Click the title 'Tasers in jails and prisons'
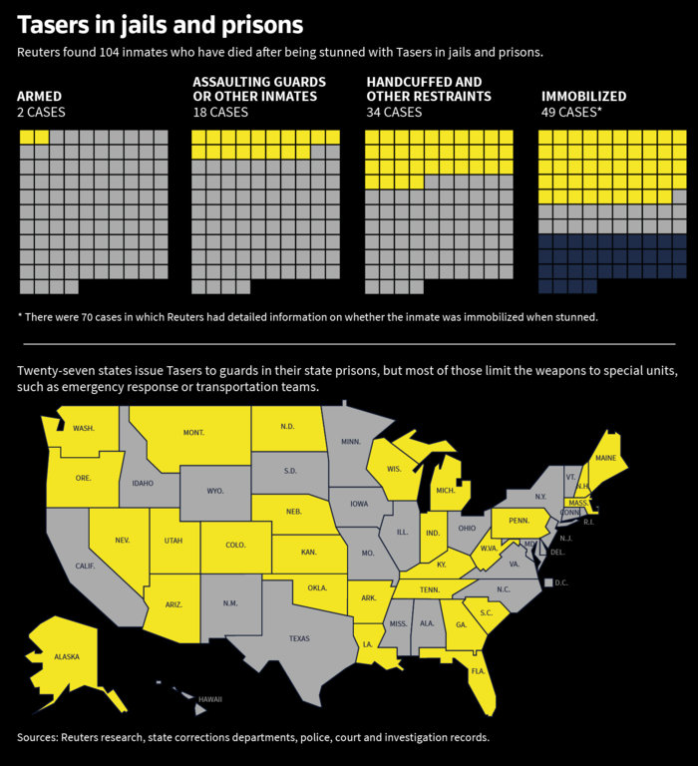(161, 25)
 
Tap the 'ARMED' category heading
(40, 96)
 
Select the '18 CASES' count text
(220, 113)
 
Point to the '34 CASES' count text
(394, 113)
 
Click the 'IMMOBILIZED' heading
(583, 96)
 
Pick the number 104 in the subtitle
(109, 52)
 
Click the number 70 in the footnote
(87, 317)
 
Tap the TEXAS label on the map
(299, 638)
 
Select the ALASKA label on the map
(67, 657)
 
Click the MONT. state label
(193, 432)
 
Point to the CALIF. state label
(85, 566)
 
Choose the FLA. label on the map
(479, 671)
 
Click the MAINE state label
(605, 458)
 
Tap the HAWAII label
(210, 699)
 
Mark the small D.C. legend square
(548, 582)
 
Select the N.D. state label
(287, 427)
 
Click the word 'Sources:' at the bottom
(37, 737)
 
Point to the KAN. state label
(309, 552)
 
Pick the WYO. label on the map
(215, 491)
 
